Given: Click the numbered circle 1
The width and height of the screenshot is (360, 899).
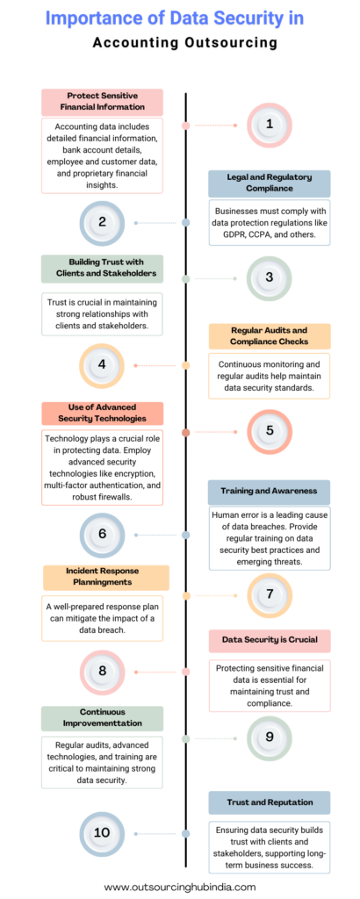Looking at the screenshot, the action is (x=270, y=125).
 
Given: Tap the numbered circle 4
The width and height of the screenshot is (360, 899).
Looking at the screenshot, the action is (x=102, y=364).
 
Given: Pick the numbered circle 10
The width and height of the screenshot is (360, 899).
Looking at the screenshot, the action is (x=102, y=833).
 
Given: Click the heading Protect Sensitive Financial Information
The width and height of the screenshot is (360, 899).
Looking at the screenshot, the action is (x=102, y=102).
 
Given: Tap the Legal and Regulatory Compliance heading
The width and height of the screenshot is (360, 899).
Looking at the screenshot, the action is (x=270, y=183).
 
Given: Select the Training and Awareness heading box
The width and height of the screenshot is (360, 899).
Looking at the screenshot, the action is (x=270, y=492).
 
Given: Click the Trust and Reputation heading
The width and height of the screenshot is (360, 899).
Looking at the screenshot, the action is (x=270, y=802).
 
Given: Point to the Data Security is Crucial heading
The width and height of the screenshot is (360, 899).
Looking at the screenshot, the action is (x=270, y=640).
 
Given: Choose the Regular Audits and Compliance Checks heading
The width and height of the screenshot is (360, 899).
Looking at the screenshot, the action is (x=270, y=336).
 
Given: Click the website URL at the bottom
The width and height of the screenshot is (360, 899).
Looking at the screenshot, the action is (x=180, y=887).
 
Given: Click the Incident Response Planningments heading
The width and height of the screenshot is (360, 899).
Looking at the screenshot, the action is (x=106, y=578).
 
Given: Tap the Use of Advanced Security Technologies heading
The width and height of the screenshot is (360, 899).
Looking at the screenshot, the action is (x=102, y=413).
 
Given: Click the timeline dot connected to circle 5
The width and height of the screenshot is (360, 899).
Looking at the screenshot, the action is (x=186, y=432).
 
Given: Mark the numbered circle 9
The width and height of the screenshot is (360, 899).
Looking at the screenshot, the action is (x=270, y=738).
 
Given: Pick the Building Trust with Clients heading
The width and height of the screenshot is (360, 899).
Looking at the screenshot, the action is (x=102, y=269).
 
